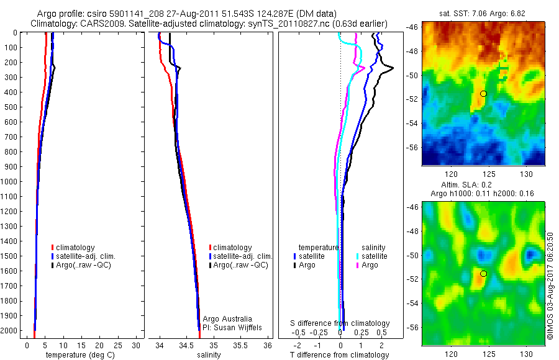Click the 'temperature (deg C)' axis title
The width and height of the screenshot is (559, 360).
pyautogui.click(x=78, y=355)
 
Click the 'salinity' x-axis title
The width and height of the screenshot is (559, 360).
pyautogui.click(x=209, y=355)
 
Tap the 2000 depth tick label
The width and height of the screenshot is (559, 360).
pyautogui.click(x=10, y=330)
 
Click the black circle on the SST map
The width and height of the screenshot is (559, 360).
pyautogui.click(x=483, y=94)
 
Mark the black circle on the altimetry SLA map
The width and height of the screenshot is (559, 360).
pyautogui.click(x=483, y=273)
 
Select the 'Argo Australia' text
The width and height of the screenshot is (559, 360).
pyautogui.click(x=228, y=319)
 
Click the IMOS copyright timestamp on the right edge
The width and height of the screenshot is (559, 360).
pyautogui.click(x=550, y=287)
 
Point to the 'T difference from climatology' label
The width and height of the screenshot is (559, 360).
pyautogui.click(x=340, y=355)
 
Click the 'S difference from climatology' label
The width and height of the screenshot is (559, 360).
pyautogui.click(x=340, y=323)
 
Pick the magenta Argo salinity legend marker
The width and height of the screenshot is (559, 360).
pyautogui.click(x=358, y=265)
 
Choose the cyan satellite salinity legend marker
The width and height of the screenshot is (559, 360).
pyautogui.click(x=358, y=256)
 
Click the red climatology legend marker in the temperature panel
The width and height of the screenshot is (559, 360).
pyautogui.click(x=53, y=248)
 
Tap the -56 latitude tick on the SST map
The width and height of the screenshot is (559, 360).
pyautogui.click(x=412, y=147)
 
